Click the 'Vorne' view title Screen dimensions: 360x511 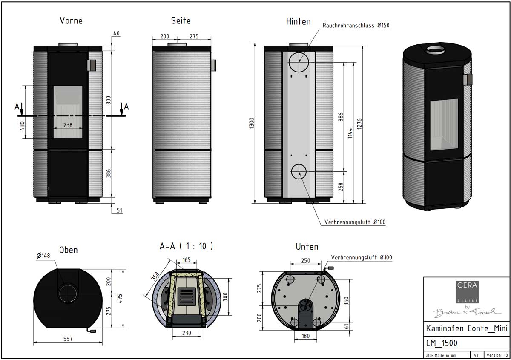click(71, 20)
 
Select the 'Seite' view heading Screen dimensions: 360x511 click(181, 20)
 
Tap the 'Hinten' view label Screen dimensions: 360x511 click(298, 21)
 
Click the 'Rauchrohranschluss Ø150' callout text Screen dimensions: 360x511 click(356, 26)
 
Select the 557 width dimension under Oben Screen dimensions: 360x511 click(67, 339)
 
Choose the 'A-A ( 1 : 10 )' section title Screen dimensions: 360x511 click(186, 246)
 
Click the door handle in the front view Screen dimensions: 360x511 click(92, 65)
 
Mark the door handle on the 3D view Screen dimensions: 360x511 click(468, 79)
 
